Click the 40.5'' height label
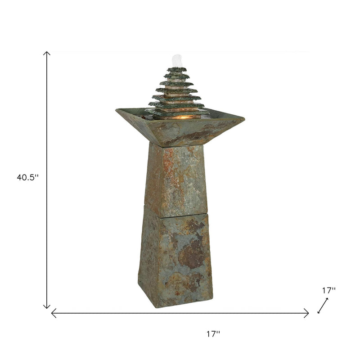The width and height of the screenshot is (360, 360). (28, 177)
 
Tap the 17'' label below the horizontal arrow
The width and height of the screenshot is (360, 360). (213, 334)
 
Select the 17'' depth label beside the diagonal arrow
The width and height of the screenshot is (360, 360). (328, 290)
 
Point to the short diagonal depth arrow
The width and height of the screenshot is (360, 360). (323, 306)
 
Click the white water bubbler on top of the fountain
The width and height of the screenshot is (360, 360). (177, 60)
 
